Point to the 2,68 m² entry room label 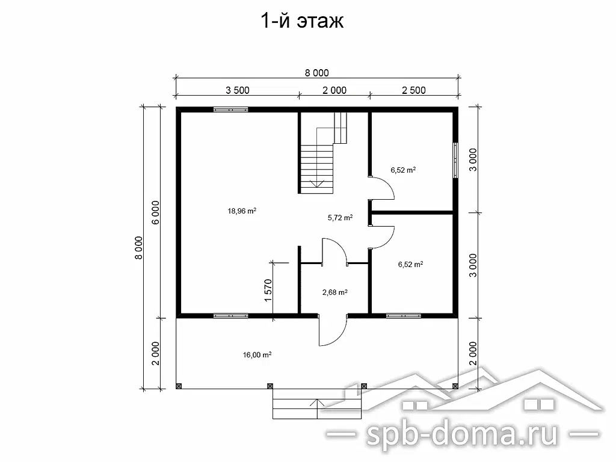pyautogui.click(x=334, y=293)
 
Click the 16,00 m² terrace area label pyautogui.click(x=257, y=355)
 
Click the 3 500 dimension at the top pyautogui.click(x=238, y=91)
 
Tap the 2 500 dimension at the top pyautogui.click(x=413, y=91)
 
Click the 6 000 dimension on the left pyautogui.click(x=155, y=212)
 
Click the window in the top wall pyautogui.click(x=231, y=109)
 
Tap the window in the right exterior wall pyautogui.click(x=455, y=160)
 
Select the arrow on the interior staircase pyautogui.click(x=314, y=183)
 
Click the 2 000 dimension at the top pyautogui.click(x=334, y=91)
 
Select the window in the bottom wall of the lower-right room pyautogui.click(x=403, y=315)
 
